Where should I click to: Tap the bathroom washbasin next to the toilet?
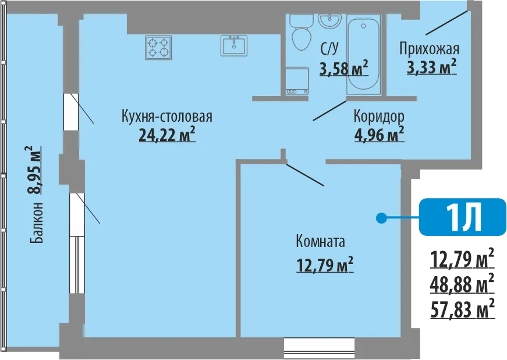329,21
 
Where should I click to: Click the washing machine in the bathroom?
297,81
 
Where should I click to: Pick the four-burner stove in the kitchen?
158,47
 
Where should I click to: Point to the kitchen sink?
234,45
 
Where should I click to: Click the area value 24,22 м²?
167,135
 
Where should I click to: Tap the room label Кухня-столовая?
167,116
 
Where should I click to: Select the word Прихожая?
429,50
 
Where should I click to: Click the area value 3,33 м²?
432,67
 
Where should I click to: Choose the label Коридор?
379,117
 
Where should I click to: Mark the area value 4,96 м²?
380,135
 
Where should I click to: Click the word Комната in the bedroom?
320,242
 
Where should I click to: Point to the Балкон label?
37,223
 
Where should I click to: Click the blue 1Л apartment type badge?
462,217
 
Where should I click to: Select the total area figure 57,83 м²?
462,309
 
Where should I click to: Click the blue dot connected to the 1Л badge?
381,218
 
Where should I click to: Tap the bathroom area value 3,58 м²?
343,68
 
